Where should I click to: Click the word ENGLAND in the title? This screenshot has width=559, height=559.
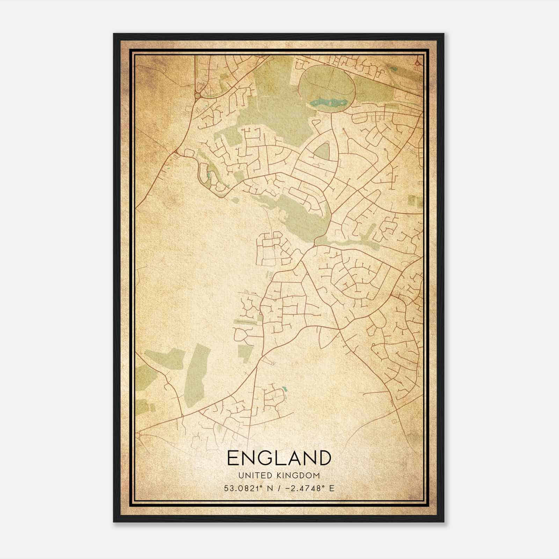click(x=279, y=458)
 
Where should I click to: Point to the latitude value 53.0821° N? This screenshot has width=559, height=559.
click(x=248, y=488)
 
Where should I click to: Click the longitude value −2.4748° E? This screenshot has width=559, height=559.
click(x=310, y=488)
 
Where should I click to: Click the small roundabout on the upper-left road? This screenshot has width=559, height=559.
click(x=198, y=95)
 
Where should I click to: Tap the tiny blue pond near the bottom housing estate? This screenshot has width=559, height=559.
click(x=284, y=388)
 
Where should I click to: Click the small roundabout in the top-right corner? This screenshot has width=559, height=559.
click(x=417, y=63)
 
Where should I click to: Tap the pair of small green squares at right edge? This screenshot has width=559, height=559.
click(x=415, y=201)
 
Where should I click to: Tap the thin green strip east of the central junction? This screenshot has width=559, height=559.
click(x=349, y=242)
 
